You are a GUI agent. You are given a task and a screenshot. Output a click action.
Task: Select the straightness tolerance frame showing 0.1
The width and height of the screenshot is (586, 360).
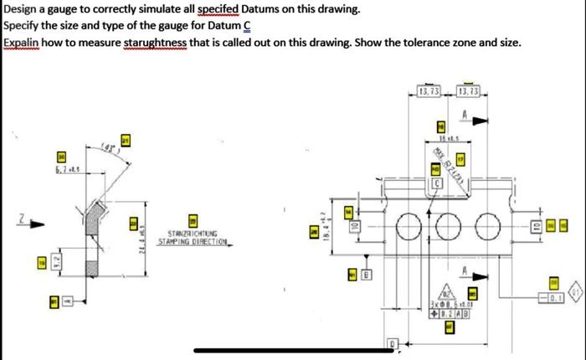point(556,294)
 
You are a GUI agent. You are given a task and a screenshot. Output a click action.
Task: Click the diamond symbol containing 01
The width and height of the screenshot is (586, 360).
point(576,294)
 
